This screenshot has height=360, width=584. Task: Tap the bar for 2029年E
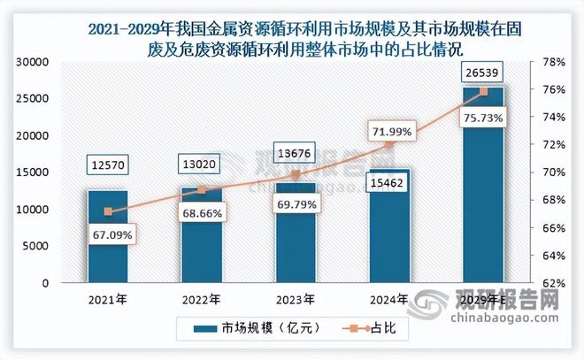483,185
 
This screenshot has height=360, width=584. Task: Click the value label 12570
107,164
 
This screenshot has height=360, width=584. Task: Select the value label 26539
483,71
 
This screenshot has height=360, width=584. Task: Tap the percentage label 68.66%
202,213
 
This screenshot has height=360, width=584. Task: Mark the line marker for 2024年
389,145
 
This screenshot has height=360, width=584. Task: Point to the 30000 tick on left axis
34,63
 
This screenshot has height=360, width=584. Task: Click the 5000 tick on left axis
38,246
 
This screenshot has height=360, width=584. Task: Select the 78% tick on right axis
554,63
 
